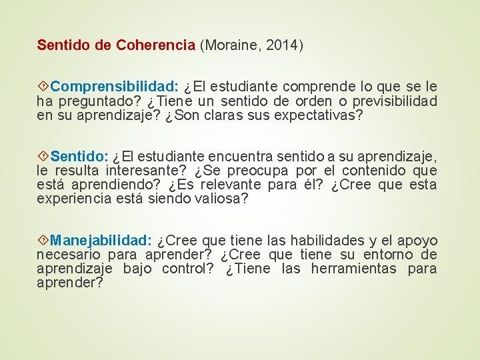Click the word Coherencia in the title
pos(155,45)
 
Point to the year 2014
pos(283,45)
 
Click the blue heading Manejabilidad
pos(101,241)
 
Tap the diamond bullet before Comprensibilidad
pos(43,87)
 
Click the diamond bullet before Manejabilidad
pos(43,241)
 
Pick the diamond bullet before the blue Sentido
pos(43,157)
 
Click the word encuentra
pos(230,157)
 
